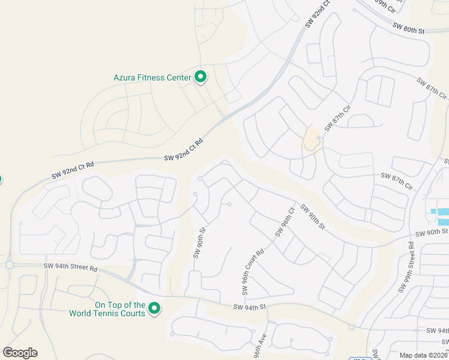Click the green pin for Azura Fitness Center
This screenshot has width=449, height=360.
[x=201, y=77]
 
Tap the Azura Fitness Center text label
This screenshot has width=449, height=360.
[x=152, y=77]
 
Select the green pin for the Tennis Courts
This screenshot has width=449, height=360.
[x=154, y=308]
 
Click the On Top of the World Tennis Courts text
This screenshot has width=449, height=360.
[x=107, y=309]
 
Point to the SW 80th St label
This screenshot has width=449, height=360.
[x=408, y=27]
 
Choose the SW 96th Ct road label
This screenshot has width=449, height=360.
[x=285, y=222]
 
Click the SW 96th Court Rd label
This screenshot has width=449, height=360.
[x=253, y=272]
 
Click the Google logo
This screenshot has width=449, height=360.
[x=20, y=353]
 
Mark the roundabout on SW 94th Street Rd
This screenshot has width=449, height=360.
[x=9, y=265]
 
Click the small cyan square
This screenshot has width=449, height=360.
[x=433, y=211]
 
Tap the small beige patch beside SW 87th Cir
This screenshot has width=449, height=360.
[x=312, y=139]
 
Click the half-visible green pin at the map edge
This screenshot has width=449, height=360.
[x=1, y=179]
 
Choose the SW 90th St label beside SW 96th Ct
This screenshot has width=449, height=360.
[x=312, y=217]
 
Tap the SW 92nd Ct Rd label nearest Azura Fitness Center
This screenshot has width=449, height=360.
[x=184, y=149]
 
